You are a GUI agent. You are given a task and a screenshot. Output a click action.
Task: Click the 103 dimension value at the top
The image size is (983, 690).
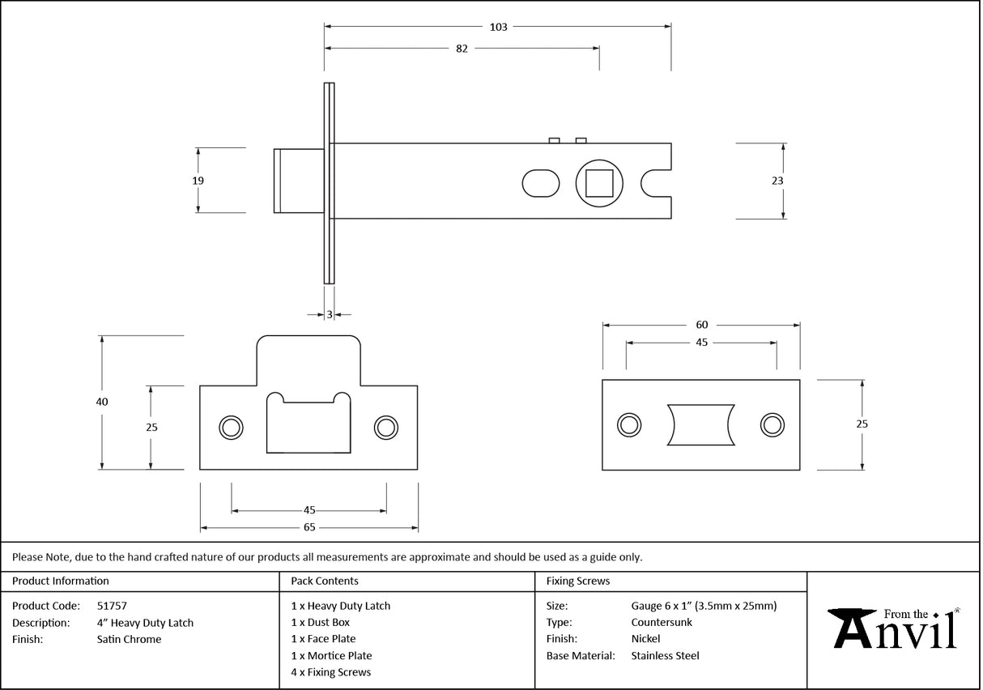point(498,27)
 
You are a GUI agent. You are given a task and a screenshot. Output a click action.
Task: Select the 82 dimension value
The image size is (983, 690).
point(462,49)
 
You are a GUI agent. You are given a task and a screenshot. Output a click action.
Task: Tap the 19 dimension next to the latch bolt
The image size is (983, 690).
point(198,181)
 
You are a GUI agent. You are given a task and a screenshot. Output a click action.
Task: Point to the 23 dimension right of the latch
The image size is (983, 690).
point(777,181)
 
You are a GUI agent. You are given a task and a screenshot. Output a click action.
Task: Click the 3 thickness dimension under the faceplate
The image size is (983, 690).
point(330,314)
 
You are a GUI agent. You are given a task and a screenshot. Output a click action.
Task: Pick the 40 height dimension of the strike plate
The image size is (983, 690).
point(101,402)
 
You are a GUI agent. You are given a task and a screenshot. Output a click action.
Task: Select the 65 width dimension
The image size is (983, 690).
point(309,527)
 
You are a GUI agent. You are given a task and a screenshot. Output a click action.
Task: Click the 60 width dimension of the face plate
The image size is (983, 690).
point(701,325)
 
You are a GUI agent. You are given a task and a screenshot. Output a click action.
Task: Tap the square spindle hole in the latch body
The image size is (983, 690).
point(599,183)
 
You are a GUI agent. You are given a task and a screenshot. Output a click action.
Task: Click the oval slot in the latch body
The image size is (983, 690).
point(540,183)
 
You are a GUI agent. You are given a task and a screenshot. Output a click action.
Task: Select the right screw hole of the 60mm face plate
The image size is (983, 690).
point(772,424)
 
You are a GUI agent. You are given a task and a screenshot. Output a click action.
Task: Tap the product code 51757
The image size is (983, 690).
point(112,606)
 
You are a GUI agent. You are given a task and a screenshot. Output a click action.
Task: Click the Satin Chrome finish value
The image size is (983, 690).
point(129,640)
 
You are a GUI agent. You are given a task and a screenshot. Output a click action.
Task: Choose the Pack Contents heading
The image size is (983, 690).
point(324,581)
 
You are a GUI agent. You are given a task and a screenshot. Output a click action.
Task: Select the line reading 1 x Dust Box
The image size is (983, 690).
point(321,623)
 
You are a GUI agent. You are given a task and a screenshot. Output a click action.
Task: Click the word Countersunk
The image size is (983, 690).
point(662,623)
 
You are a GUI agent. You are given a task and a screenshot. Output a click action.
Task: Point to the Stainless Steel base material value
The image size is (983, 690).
point(665,656)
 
